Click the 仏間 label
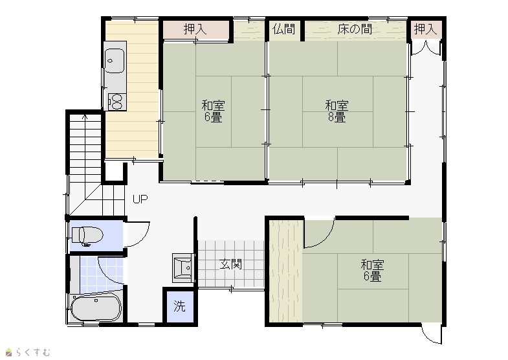tap(284, 29)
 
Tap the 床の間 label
tap(355, 29)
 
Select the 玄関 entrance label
tap(231, 264)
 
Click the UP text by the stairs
tap(140, 199)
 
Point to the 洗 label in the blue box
tap(179, 306)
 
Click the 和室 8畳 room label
tap(337, 111)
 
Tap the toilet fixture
tap(87, 235)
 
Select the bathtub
tap(96, 307)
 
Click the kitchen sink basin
tap(115, 61)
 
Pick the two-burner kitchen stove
tap(117, 102)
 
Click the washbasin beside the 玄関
tap(183, 267)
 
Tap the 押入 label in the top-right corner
tap(426, 29)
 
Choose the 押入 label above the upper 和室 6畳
tap(195, 29)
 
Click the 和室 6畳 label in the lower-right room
tap(373, 270)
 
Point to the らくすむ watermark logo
tap(28, 352)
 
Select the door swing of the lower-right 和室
tap(325, 238)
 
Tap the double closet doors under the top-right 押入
tap(426, 48)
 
